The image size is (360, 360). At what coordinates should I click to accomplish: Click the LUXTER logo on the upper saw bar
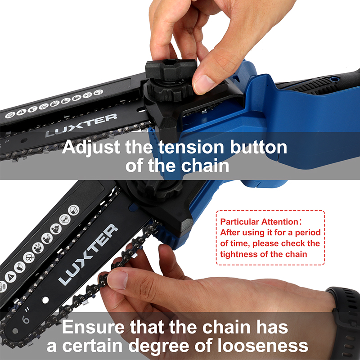pos(81,125)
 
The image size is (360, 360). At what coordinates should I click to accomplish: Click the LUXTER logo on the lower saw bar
pos(88,255)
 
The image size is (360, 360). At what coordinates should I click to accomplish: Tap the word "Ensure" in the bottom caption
pos(94,327)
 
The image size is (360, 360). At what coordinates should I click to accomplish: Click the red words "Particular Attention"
pos(260,222)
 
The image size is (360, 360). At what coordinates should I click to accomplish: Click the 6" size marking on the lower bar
pos(26,316)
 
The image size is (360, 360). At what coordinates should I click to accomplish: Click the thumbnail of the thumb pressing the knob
pos(204,84)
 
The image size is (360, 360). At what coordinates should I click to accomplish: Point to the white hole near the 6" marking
pos(45,300)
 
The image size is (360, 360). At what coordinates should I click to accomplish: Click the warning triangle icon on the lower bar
pos(10,277)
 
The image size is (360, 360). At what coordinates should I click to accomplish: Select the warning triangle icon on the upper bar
pos(22,112)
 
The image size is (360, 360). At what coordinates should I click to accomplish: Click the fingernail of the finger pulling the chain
pos(117,279)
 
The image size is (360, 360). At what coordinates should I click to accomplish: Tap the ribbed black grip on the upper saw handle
pos(314,85)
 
